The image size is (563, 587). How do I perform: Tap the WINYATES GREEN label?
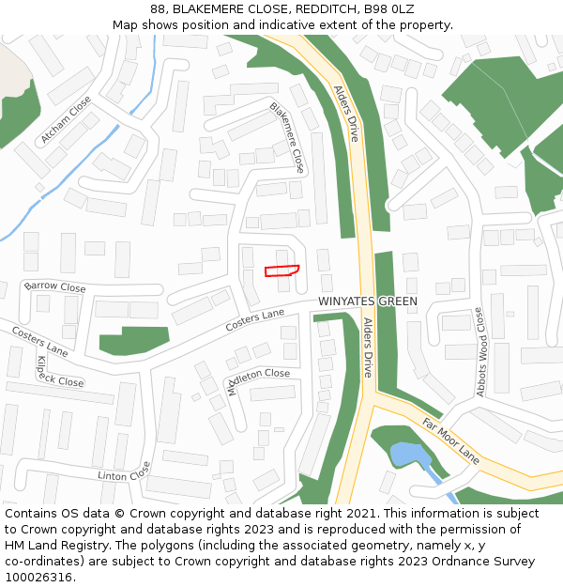(367, 301)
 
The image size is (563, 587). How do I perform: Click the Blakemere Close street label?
(287, 137)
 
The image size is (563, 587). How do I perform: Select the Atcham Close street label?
(66, 119)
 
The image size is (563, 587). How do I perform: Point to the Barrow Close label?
(54, 286)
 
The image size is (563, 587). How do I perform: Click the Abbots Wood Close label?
(480, 350)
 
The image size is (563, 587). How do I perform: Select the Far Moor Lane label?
(450, 440)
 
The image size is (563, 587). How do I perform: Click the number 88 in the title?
(158, 8)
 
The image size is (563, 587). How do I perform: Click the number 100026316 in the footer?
(39, 578)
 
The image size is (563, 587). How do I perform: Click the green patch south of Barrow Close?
(134, 339)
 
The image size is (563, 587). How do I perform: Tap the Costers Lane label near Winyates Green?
(254, 319)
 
